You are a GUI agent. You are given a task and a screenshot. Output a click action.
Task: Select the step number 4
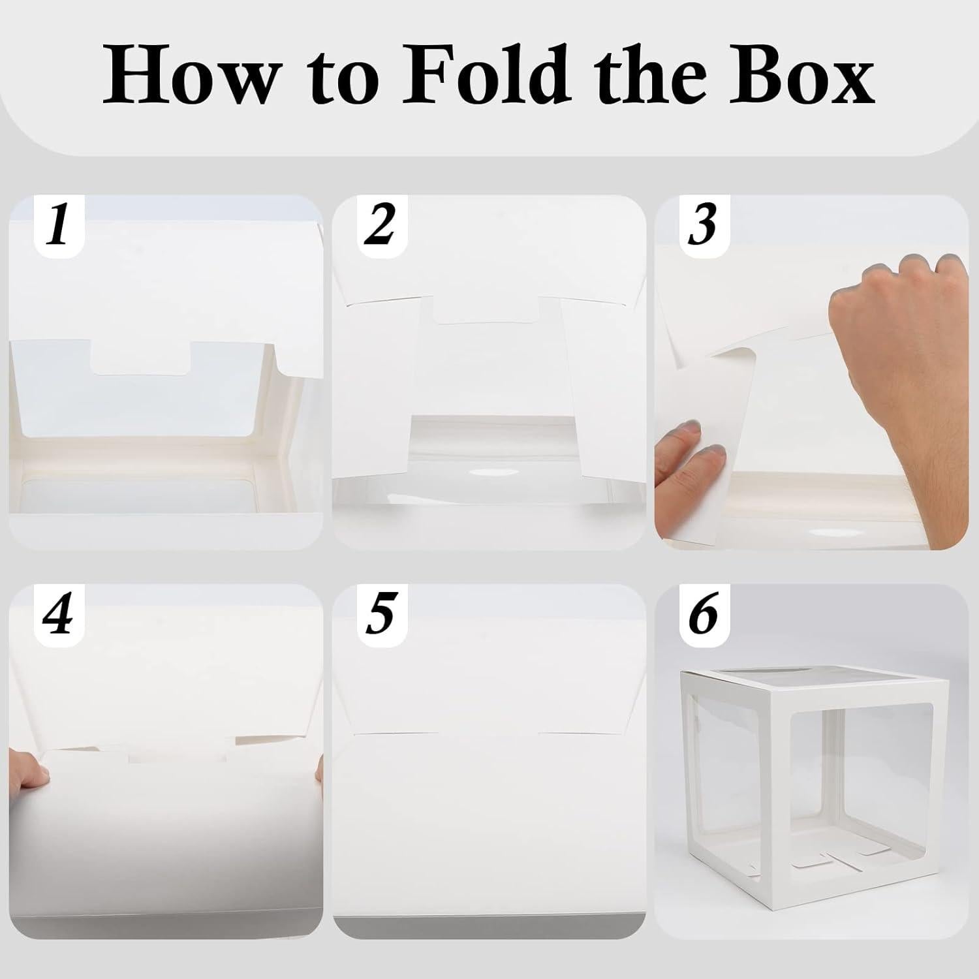tap(59, 615)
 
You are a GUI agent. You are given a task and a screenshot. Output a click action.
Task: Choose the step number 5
tap(380, 615)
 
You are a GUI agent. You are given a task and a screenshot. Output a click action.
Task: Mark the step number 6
tap(702, 615)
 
